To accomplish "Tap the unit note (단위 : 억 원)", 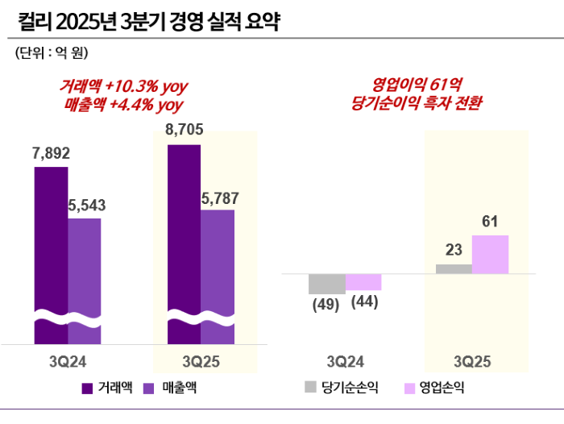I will (x=51, y=54).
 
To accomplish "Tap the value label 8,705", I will (x=184, y=130).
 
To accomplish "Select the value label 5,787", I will (x=219, y=197).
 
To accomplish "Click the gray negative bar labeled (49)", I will (x=327, y=284).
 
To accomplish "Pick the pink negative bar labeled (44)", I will (x=363, y=282).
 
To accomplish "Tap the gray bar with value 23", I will (x=454, y=268).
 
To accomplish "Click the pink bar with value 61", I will (x=490, y=254).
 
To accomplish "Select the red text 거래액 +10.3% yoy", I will (x=123, y=86).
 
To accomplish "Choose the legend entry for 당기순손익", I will (x=338, y=389).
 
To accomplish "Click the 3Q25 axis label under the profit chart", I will (x=471, y=360).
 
